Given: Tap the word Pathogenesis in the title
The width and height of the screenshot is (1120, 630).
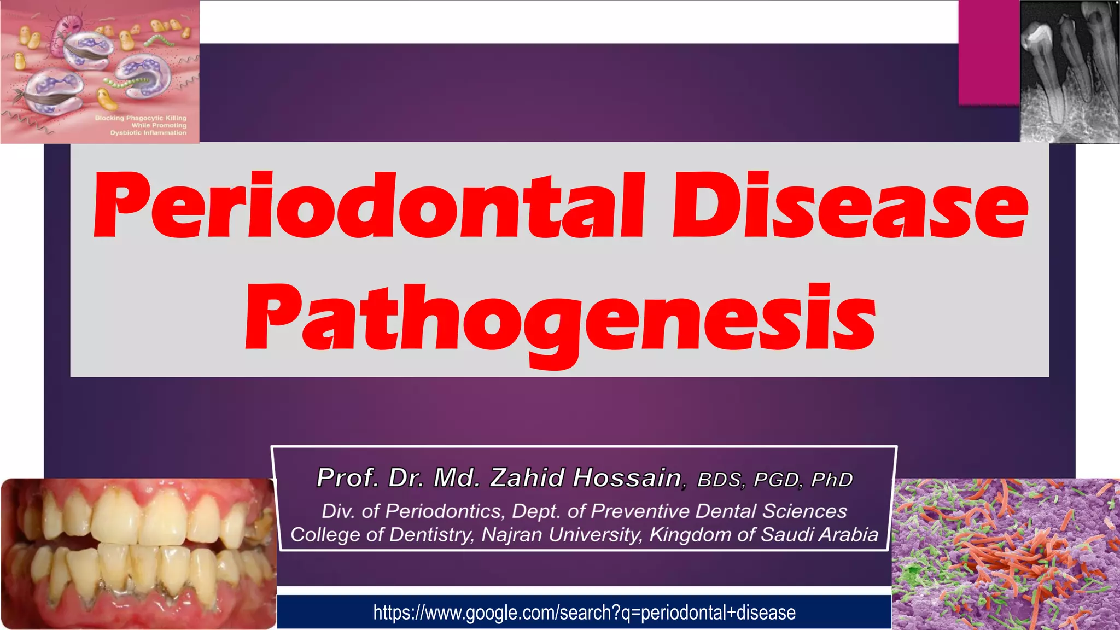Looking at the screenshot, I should [560, 320].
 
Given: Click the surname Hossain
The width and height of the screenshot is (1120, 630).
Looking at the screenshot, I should [627, 477].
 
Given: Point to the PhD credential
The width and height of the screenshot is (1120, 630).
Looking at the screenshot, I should [832, 480].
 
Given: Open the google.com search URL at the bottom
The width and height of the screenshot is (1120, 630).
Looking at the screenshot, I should [584, 612].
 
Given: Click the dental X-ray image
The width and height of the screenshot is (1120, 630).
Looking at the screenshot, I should [1069, 71].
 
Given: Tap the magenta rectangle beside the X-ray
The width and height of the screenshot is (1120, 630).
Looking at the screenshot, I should [989, 52].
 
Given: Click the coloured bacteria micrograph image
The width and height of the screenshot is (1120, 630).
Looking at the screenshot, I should [1005, 553].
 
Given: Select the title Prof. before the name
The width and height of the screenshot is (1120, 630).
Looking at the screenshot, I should [348, 477].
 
